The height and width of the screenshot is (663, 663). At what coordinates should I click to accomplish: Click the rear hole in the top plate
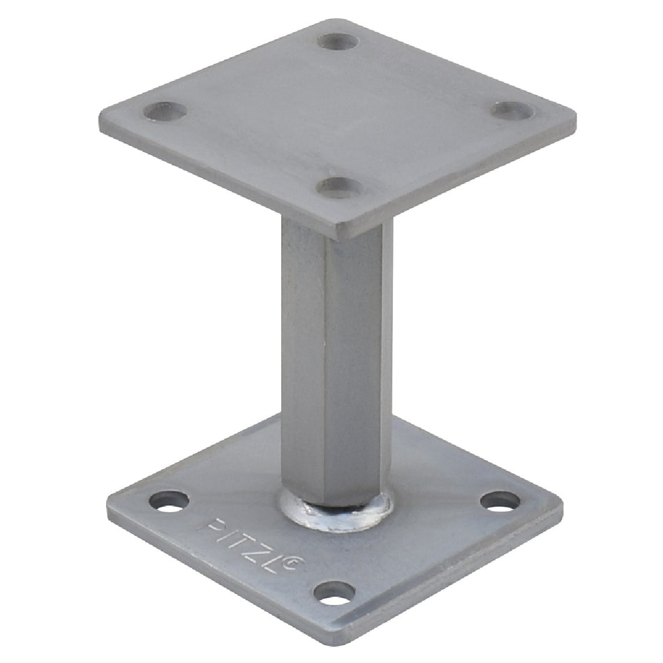coord(338,41)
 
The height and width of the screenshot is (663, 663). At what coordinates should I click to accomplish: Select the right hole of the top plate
coord(514,110)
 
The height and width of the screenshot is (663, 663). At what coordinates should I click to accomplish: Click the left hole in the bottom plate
coord(169,501)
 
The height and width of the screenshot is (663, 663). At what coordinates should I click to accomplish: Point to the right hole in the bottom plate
coord(500,500)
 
